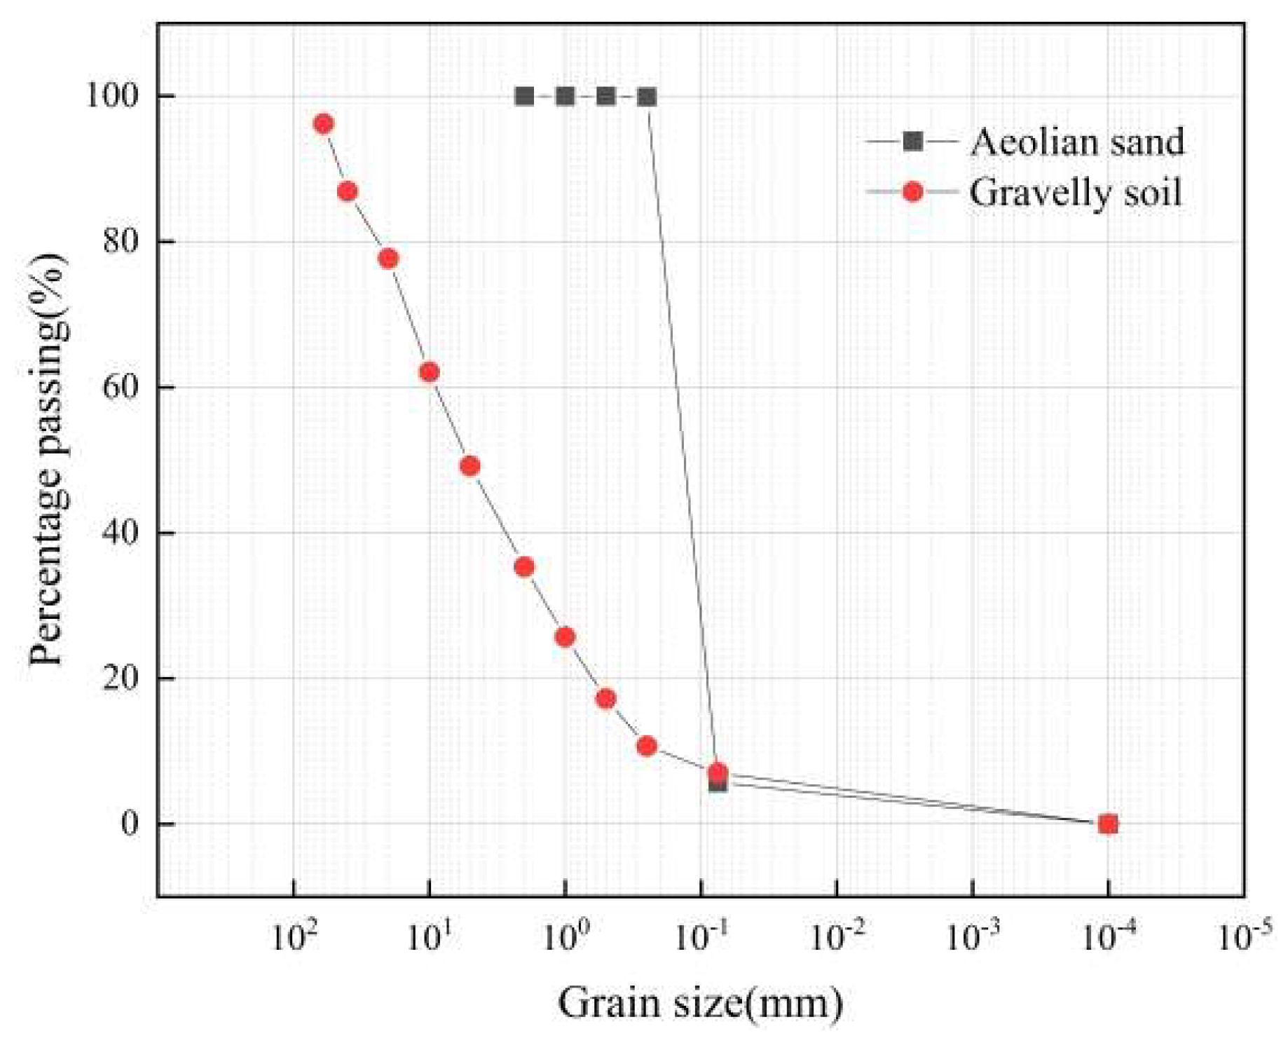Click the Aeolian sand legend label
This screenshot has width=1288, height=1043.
[x=1077, y=142]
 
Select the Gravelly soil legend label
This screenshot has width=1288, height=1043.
[x=1076, y=193]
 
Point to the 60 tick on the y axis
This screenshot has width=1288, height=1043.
[x=121, y=387]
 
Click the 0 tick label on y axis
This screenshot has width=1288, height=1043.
[x=130, y=824]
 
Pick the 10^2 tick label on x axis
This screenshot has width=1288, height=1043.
[x=293, y=936]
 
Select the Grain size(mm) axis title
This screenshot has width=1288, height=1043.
[x=700, y=1003]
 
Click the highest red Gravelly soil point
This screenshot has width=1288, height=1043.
[x=323, y=124]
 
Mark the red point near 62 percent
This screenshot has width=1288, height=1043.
[x=429, y=372]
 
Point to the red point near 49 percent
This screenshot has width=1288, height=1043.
[x=470, y=466]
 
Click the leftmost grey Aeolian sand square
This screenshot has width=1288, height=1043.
[x=524, y=97]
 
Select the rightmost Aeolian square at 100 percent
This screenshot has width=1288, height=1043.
[x=647, y=97]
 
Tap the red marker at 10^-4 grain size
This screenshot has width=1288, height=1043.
[x=1108, y=824]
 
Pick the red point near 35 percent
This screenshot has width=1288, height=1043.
[x=524, y=567]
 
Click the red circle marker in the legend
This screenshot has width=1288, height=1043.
[x=912, y=192]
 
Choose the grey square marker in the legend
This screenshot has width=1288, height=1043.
[x=912, y=142]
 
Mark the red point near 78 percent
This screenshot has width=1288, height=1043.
[x=388, y=259]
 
